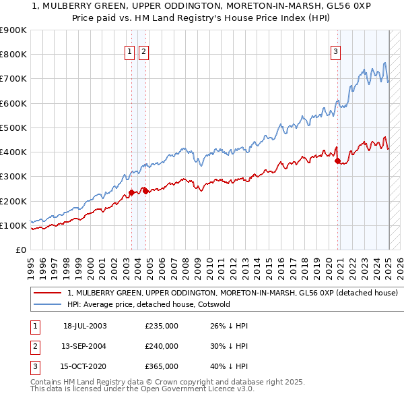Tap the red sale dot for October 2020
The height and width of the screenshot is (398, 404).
337,160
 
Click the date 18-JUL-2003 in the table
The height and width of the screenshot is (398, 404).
85,326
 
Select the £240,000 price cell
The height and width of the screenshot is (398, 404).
162,346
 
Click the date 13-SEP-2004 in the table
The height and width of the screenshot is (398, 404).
85,346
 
